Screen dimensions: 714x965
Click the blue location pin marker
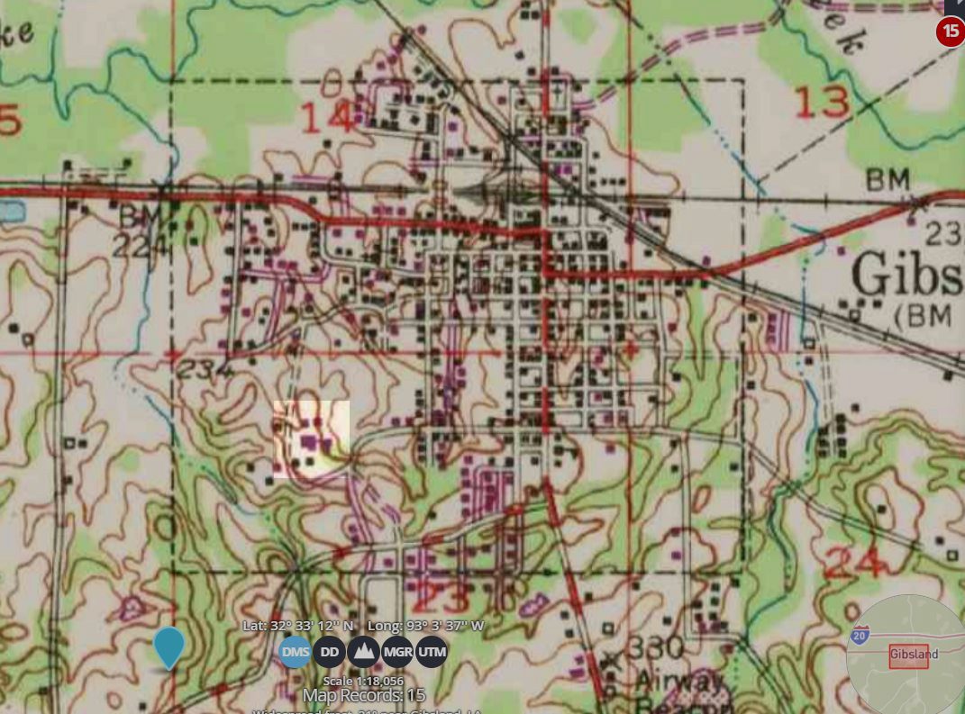coord(168,646)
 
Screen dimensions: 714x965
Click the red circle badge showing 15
coord(951,32)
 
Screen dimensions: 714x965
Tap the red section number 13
coord(823,102)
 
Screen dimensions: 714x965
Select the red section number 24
coord(851,565)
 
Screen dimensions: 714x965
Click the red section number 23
coord(441,599)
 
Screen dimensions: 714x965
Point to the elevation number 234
coord(205,368)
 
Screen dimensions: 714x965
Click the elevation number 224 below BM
coord(141,247)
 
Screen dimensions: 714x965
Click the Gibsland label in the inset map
coord(913,654)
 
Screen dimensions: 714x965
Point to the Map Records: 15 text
coord(363,695)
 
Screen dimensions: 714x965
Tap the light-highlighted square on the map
coord(311,438)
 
